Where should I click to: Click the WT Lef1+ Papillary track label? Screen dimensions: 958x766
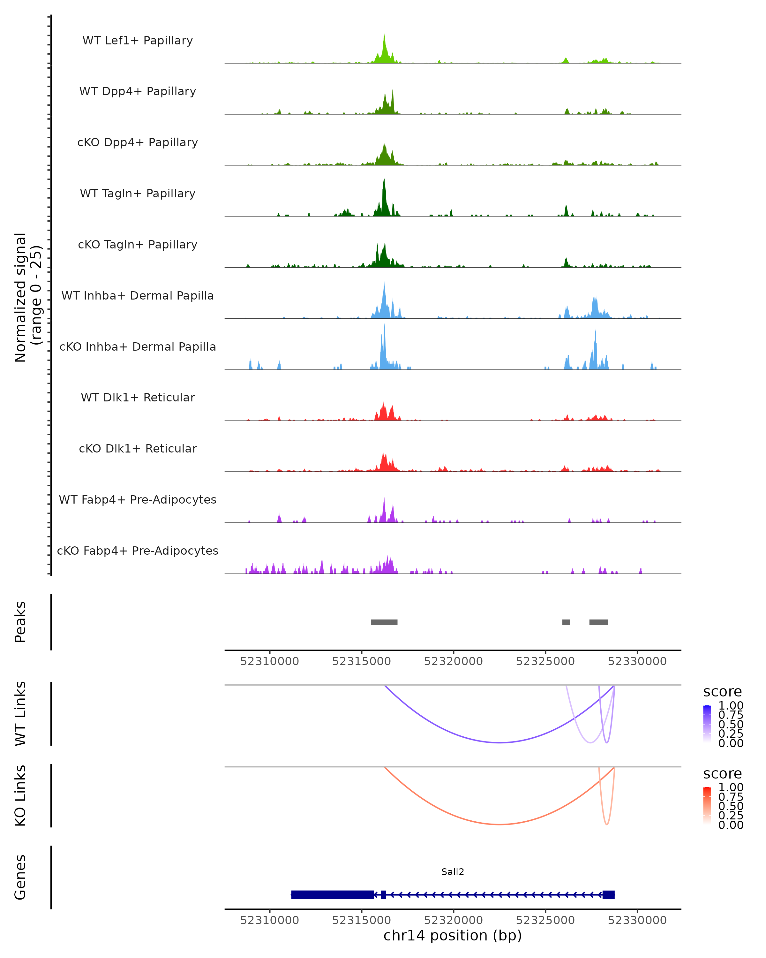(x=138, y=41)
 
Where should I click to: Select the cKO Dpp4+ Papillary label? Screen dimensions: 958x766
(x=138, y=143)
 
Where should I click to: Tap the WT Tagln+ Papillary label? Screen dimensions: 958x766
(x=138, y=194)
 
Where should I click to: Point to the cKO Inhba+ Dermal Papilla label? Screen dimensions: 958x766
(x=138, y=347)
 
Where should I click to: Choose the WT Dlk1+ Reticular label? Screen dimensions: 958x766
(x=138, y=398)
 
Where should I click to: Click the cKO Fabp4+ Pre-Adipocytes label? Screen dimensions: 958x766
(x=138, y=551)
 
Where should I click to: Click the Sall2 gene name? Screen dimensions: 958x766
(x=453, y=872)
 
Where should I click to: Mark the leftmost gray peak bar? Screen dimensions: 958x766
(x=384, y=622)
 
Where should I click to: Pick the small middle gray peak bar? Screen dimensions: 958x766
(x=566, y=622)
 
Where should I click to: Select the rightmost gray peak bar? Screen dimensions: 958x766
(x=598, y=622)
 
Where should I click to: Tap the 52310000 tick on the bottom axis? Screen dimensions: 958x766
(x=270, y=920)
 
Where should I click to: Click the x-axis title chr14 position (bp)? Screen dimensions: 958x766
(x=453, y=936)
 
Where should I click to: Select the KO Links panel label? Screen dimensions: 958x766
(x=20, y=795)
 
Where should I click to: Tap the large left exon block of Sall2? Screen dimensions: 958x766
(x=332, y=895)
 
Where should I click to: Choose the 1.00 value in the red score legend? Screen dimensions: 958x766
(x=731, y=787)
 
